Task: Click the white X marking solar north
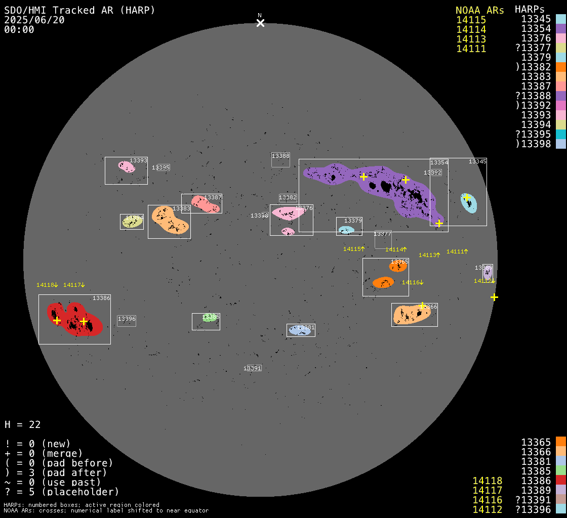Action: pyautogui.click(x=260, y=23)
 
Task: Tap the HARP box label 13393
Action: pyautogui.click(x=138, y=160)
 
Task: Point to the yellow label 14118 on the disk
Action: pyautogui.click(x=47, y=285)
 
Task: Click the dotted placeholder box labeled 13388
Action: pyautogui.click(x=280, y=159)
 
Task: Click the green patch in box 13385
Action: pyautogui.click(x=209, y=318)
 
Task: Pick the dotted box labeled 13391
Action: pyautogui.click(x=253, y=368)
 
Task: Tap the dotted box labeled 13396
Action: pyautogui.click(x=127, y=320)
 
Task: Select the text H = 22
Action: pyautogui.click(x=22, y=424)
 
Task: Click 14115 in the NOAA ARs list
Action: pyautogui.click(x=471, y=20)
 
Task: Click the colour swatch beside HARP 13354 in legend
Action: pyautogui.click(x=560, y=29)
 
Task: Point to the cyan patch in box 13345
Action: pyautogui.click(x=469, y=203)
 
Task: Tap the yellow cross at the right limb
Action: pyautogui.click(x=494, y=297)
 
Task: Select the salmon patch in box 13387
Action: pyautogui.click(x=205, y=204)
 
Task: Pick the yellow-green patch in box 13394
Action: pyautogui.click(x=132, y=222)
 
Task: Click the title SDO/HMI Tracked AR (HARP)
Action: pyautogui.click(x=79, y=10)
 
